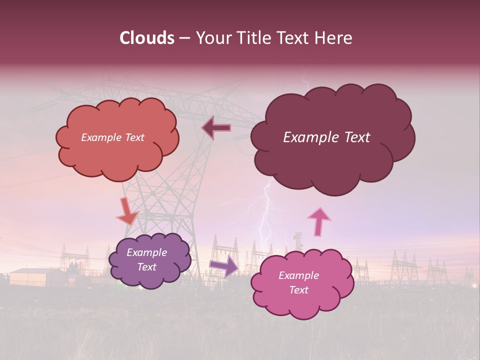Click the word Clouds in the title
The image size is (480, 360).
147,38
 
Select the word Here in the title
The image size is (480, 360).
334,38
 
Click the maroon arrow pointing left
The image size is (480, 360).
216,128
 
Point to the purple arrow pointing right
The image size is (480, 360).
224,265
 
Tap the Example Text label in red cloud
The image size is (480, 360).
112,137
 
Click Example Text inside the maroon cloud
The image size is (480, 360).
326,137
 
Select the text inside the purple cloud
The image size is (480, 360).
146,259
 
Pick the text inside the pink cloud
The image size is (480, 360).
298,282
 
